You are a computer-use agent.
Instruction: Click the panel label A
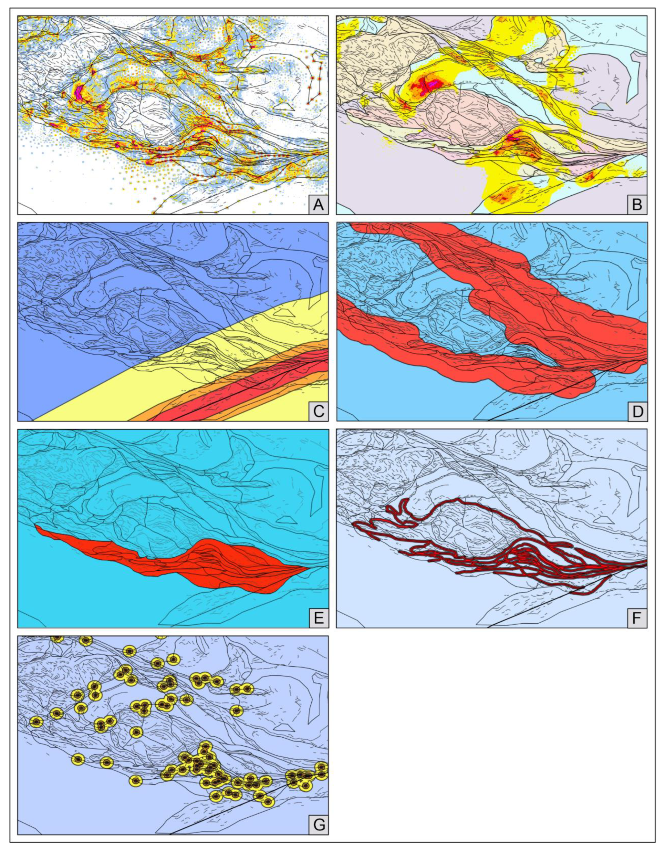pos(318,204)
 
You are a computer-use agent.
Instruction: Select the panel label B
pos(637,204)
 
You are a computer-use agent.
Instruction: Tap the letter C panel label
pos(318,411)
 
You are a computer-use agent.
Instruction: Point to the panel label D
pos(637,411)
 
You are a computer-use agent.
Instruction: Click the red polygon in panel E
pos(218,561)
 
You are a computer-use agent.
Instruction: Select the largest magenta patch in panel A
pos(79,92)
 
